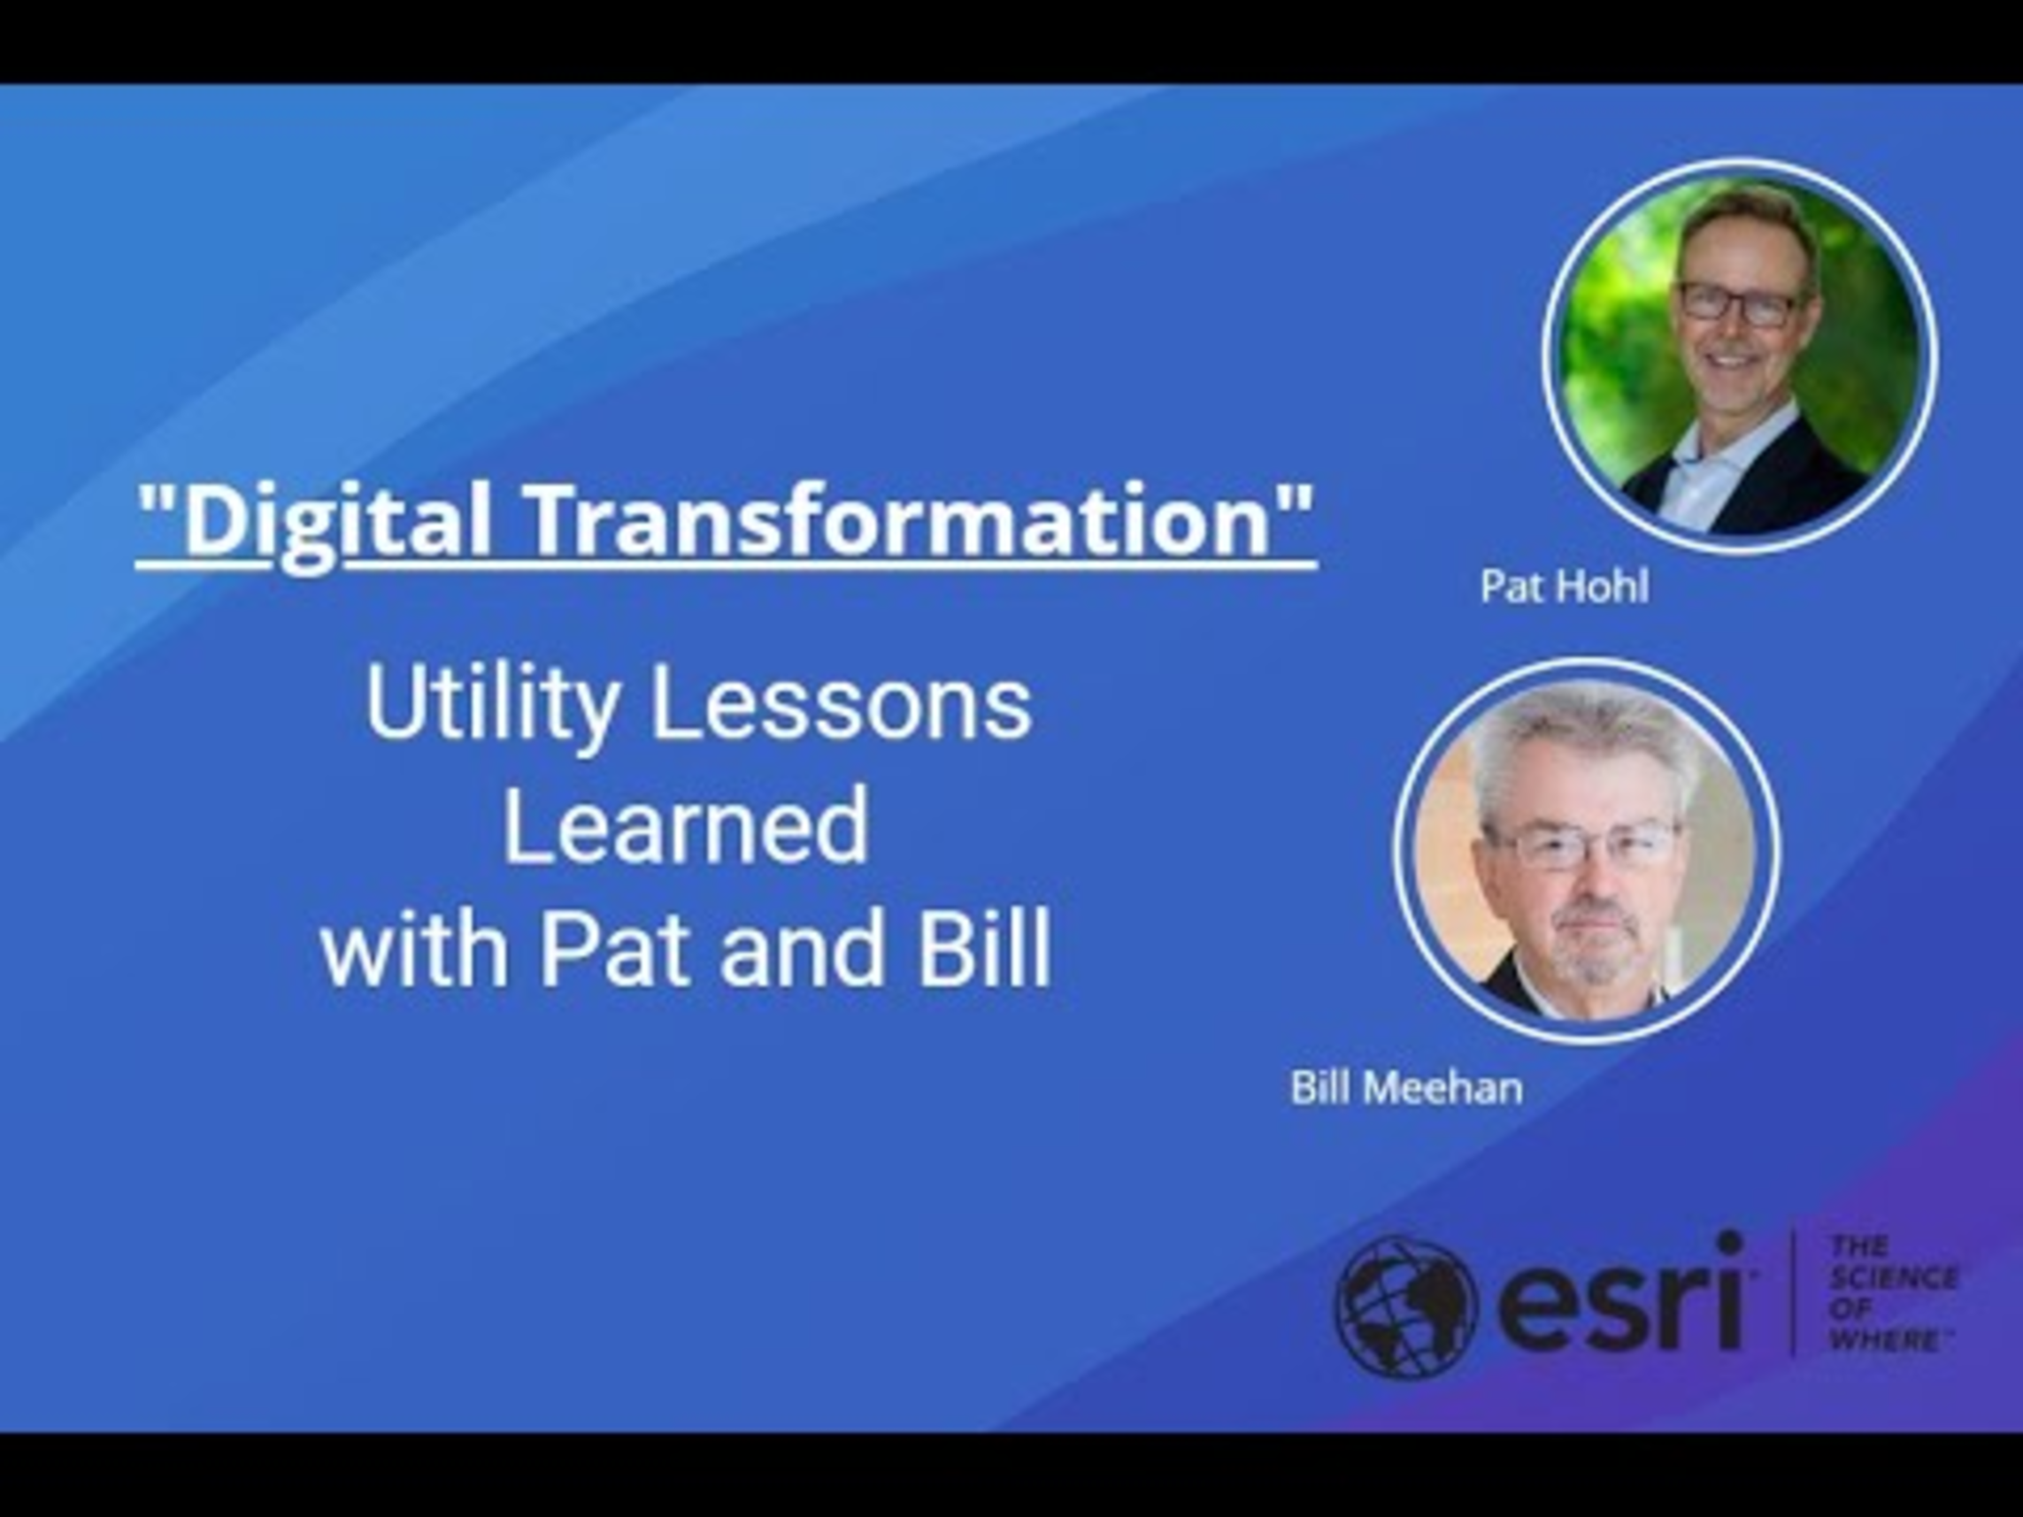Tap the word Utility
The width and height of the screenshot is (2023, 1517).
(x=490, y=708)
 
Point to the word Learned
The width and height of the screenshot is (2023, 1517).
(x=686, y=827)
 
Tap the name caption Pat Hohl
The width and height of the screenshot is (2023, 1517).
(x=1564, y=586)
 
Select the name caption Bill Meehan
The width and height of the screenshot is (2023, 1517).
(x=1405, y=1088)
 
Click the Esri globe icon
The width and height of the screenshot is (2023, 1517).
(x=1405, y=1305)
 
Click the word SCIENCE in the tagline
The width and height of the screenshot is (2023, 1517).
(x=1892, y=1277)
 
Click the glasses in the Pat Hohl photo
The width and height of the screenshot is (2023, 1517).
(x=1738, y=303)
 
